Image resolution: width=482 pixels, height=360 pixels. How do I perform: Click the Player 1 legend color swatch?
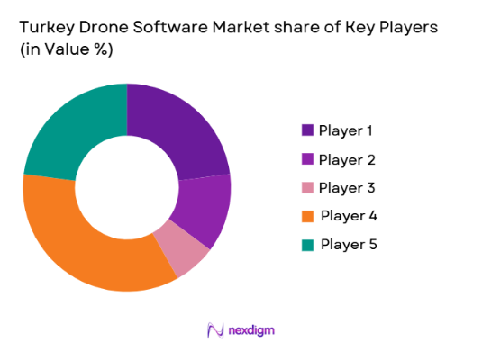[x=306, y=130]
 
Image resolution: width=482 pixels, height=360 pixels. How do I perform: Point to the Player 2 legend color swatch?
[x=306, y=159]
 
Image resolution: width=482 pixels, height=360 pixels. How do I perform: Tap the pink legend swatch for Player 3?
[x=306, y=187]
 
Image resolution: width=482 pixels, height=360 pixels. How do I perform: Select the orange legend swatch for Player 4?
[x=306, y=215]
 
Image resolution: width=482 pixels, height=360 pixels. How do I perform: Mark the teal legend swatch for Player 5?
[x=306, y=243]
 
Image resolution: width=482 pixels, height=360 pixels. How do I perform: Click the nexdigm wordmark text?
[x=250, y=330]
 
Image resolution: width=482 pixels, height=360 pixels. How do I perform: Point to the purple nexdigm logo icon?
[x=215, y=329]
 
